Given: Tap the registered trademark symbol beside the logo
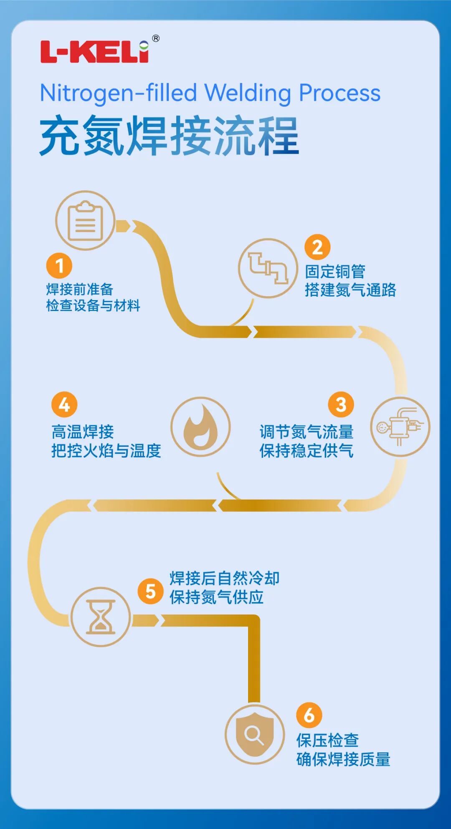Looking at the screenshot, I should [155, 38].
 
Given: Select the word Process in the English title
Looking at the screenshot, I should [340, 93].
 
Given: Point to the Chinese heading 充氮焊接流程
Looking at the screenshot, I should [169, 136].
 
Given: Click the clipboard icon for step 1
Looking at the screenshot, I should [85, 220].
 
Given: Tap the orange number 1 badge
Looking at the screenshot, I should [59, 265].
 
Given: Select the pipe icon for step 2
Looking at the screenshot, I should [268, 268].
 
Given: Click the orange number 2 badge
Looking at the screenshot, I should [317, 247].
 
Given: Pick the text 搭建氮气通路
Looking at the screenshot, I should [350, 290].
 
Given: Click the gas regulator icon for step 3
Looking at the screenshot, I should [400, 427].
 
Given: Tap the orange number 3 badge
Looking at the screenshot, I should [341, 404].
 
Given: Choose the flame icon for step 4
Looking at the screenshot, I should [200, 427].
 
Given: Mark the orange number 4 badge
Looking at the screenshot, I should [64, 404].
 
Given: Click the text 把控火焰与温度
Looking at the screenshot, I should [106, 451].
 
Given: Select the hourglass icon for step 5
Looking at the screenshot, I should [101, 617].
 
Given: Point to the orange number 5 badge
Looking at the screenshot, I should [150, 591].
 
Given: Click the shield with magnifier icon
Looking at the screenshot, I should [255, 734].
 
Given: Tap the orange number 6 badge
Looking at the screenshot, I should [309, 715].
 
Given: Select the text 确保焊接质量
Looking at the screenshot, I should [343, 759].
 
